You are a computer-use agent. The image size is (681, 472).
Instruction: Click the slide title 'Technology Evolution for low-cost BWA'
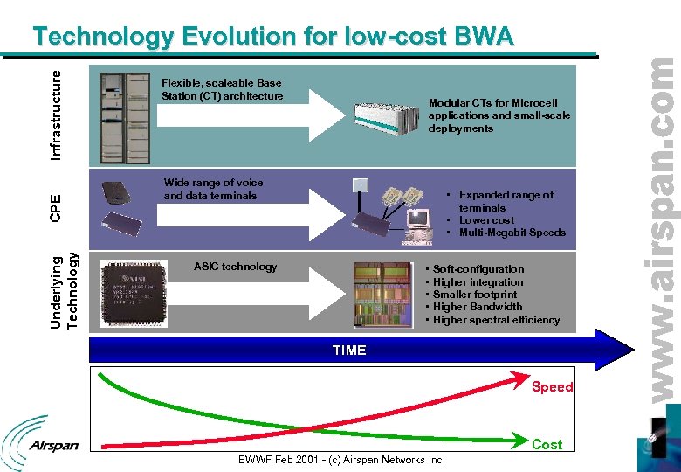click(x=272, y=37)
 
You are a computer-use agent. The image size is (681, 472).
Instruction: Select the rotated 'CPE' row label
click(x=55, y=209)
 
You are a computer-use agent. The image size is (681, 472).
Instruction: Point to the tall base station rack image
click(x=124, y=115)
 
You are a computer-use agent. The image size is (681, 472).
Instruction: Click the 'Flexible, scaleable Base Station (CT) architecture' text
click(x=222, y=89)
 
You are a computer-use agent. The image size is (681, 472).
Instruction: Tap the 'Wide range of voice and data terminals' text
click(x=213, y=189)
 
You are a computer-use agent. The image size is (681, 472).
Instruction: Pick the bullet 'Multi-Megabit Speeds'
click(x=512, y=233)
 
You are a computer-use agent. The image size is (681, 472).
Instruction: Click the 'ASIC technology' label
click(x=235, y=267)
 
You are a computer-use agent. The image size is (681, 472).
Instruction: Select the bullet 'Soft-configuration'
click(x=478, y=269)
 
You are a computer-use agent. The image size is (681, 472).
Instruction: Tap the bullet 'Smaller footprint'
click(x=475, y=295)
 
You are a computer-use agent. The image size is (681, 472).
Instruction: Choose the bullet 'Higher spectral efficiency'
click(x=496, y=320)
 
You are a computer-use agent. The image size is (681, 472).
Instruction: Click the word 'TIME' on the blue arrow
click(x=349, y=350)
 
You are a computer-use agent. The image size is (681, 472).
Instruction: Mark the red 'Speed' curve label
click(x=552, y=387)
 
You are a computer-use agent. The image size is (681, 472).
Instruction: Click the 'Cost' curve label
click(x=547, y=444)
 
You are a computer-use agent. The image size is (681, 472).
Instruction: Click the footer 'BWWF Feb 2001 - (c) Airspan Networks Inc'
click(x=340, y=460)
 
